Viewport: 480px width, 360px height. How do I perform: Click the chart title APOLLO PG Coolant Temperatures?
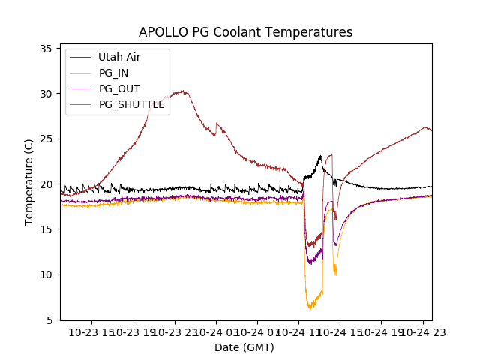click(245, 32)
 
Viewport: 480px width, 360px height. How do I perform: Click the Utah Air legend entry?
click(119, 57)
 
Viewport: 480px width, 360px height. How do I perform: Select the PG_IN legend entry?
click(113, 73)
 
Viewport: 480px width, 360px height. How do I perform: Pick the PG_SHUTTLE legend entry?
click(131, 104)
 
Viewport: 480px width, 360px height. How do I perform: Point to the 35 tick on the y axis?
click(46, 49)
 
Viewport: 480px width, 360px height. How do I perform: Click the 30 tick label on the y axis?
click(46, 94)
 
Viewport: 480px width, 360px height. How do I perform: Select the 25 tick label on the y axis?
click(46, 139)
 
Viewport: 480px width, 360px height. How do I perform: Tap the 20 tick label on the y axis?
click(46, 184)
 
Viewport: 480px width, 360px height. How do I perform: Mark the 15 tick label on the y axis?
click(46, 229)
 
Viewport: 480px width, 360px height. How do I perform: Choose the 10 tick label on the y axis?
click(46, 274)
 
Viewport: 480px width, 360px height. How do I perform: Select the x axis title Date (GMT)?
click(244, 347)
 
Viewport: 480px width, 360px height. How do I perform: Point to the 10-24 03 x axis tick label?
click(216, 331)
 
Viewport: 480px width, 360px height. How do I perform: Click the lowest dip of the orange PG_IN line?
click(310, 308)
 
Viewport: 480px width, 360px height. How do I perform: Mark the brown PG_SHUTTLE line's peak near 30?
click(181, 91)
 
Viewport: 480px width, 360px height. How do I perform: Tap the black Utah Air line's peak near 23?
click(321, 156)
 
